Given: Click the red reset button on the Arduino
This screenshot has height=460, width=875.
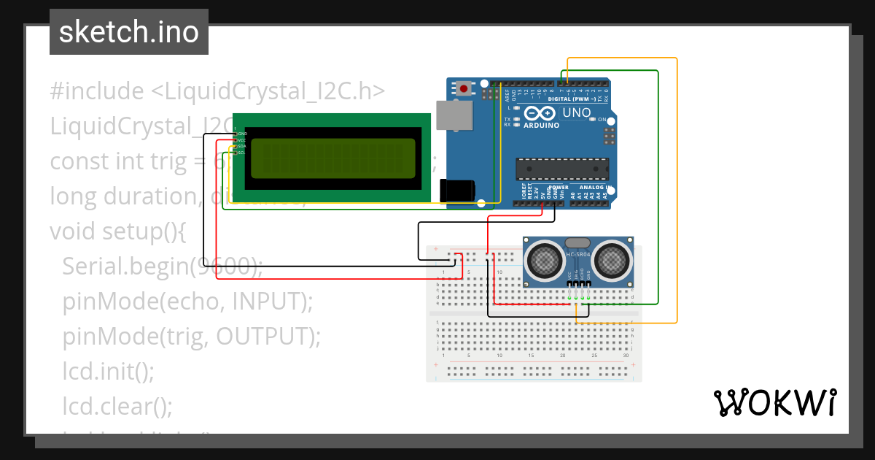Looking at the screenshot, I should click(464, 89).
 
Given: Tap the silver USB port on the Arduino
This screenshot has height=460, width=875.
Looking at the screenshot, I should click(454, 115).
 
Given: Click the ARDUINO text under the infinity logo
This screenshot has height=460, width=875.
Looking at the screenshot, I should click(541, 125).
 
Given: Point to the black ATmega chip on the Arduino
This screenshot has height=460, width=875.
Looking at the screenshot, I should click(561, 169).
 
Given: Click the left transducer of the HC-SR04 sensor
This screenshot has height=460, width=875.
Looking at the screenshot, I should click(545, 259).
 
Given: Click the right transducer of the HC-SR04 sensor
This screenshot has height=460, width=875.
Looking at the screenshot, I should click(610, 259).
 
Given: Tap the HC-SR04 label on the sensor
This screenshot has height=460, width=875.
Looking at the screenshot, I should click(577, 255).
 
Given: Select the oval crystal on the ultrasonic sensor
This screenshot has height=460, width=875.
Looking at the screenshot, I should click(577, 242).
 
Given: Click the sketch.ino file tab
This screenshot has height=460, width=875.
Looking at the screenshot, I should click(129, 32).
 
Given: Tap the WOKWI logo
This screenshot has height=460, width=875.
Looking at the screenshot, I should click(774, 403).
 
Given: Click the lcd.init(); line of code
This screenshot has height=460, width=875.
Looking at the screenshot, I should click(108, 371).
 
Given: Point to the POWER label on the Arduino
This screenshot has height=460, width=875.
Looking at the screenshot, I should click(558, 187).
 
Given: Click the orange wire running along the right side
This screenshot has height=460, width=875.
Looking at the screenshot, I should click(677, 190).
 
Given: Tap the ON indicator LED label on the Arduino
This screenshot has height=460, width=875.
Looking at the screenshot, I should click(602, 119).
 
